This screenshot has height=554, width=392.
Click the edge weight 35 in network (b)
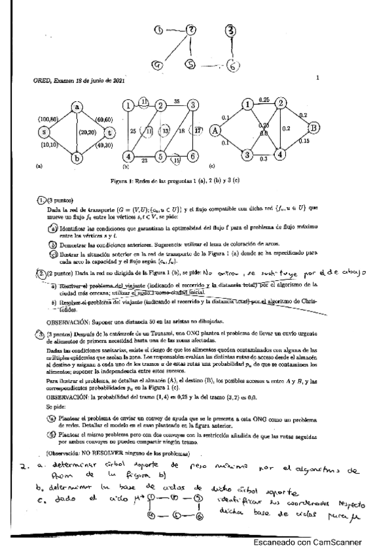point(176,101)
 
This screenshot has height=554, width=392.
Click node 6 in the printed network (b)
point(193,157)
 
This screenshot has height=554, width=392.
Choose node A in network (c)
point(214,129)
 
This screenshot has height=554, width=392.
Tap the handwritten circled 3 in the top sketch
point(230,30)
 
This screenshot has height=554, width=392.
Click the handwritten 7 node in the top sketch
point(190,30)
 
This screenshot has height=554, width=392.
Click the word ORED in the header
point(42,80)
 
